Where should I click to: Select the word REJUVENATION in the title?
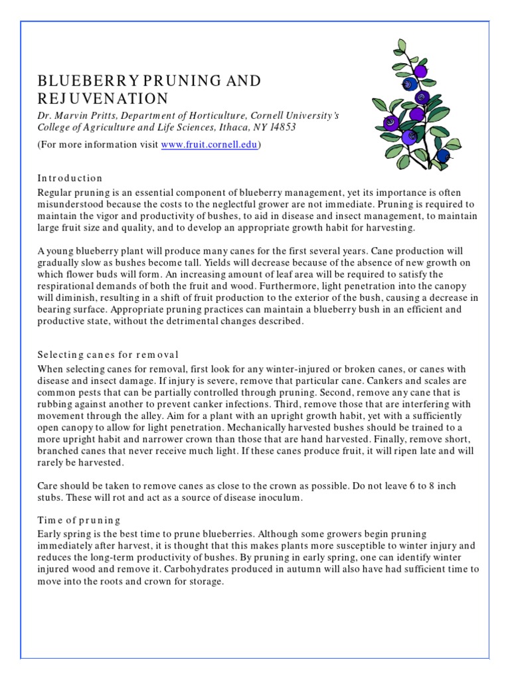(103, 99)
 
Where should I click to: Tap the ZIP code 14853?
(283, 127)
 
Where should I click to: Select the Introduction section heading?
(70, 178)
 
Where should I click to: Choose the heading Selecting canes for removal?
(108, 355)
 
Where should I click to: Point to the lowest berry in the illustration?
(442, 155)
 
